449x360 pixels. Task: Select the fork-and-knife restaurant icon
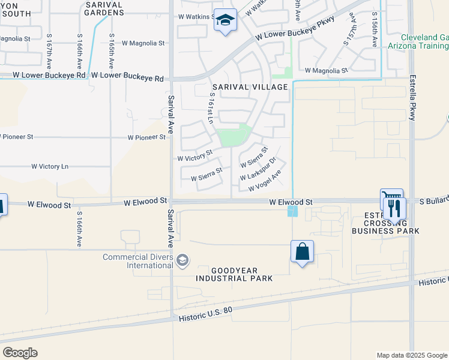click(x=394, y=209)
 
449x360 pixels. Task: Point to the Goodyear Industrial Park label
click(x=234, y=274)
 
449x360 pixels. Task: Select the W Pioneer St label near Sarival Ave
click(x=146, y=137)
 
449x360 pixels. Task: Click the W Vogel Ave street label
click(x=265, y=181)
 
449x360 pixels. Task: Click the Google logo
click(x=20, y=353)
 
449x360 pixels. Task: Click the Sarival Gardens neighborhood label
click(x=104, y=8)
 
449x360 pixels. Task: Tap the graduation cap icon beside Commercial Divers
click(x=182, y=260)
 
